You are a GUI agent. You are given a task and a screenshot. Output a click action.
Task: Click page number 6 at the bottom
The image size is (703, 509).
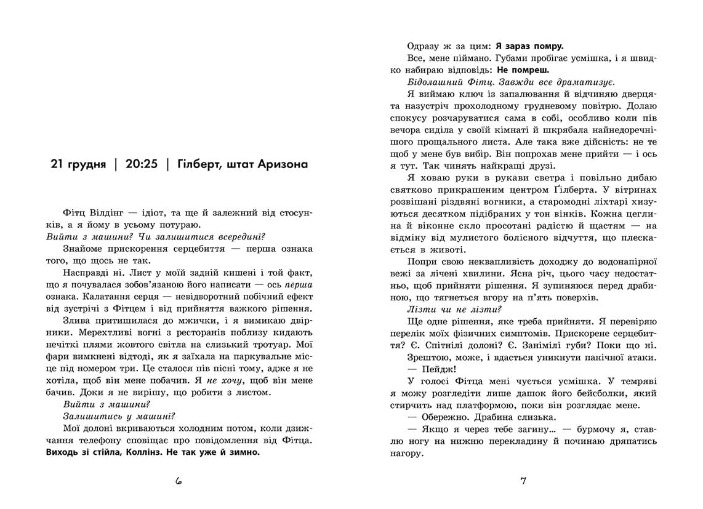[x=179, y=481]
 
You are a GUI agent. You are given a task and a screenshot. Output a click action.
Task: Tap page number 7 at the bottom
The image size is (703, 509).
[x=523, y=481]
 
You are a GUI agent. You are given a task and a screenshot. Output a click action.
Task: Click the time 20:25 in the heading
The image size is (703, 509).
[x=143, y=165]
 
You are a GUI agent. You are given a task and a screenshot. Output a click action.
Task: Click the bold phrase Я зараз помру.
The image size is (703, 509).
[x=529, y=46]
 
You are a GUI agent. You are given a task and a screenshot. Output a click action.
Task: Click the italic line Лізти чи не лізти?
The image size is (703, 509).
[x=455, y=309]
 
